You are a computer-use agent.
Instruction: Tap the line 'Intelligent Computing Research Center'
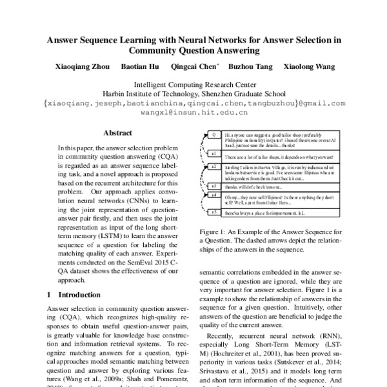193,84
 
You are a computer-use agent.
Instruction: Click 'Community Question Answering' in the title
193,49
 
